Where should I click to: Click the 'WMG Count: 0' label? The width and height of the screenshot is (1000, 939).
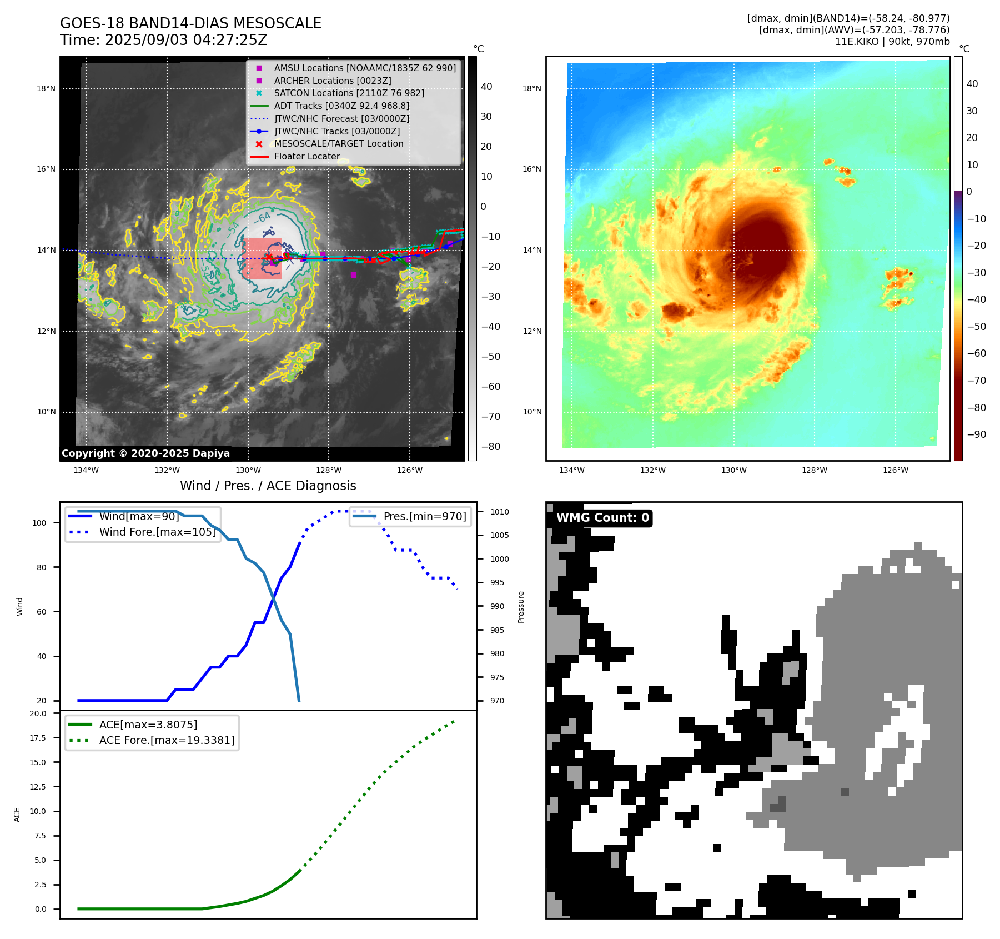(x=602, y=518)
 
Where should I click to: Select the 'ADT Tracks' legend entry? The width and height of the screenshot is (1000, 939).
(x=341, y=106)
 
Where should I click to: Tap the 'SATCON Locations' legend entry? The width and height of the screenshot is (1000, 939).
(x=349, y=93)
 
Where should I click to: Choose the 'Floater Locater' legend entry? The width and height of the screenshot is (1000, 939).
(x=306, y=156)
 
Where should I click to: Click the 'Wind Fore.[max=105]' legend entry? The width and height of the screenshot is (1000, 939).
(x=157, y=532)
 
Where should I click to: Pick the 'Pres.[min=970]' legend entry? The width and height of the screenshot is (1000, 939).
(x=425, y=516)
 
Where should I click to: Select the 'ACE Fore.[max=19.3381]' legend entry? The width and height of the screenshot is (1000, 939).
(x=167, y=740)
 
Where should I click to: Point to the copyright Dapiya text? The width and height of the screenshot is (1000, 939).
(x=145, y=453)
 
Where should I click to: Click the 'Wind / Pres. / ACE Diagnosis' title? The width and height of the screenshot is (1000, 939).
(x=268, y=486)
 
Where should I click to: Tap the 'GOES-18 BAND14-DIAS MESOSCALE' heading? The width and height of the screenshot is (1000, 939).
(x=190, y=23)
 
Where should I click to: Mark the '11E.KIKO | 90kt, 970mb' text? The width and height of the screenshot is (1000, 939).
(x=892, y=42)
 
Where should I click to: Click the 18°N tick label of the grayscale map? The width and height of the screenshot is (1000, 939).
(x=46, y=88)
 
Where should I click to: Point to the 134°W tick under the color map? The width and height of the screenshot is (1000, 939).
(x=572, y=470)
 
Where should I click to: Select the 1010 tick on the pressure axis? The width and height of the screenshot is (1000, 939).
(x=499, y=512)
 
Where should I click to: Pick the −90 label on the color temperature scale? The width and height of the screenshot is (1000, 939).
(x=976, y=434)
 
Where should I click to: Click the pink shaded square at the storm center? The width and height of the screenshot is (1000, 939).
(x=262, y=258)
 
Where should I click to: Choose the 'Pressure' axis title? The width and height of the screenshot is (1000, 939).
(x=521, y=607)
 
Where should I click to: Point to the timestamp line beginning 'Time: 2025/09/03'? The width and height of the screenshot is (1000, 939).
(x=164, y=40)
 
